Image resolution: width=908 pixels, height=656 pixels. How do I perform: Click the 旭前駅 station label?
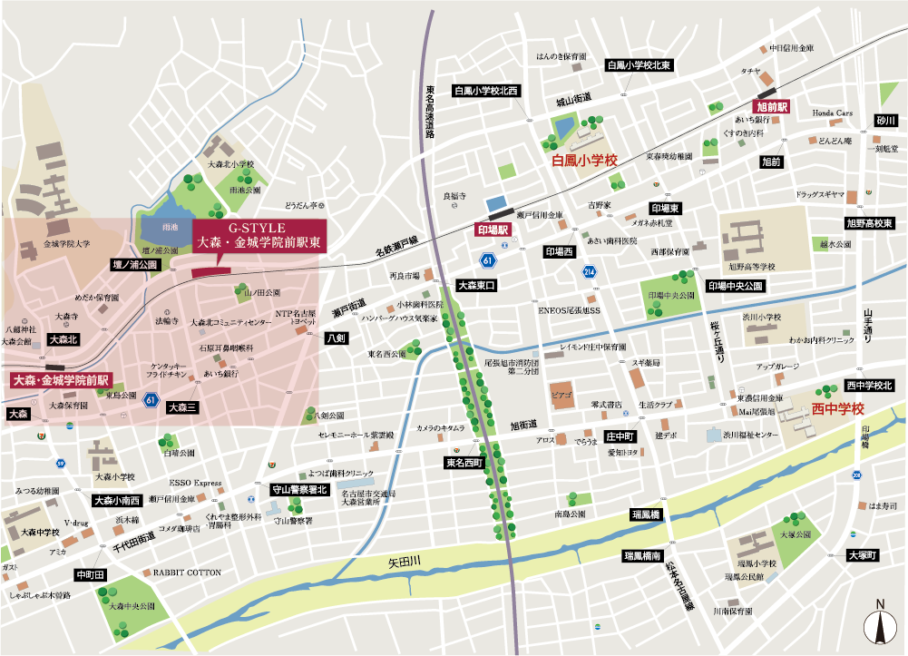[771, 106]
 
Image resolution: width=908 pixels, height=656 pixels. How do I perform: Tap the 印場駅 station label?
[495, 230]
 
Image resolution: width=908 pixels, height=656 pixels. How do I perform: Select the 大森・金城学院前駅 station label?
[60, 380]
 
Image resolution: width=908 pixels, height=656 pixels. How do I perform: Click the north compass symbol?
[879, 625]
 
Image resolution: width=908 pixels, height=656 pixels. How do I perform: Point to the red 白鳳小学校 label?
[584, 161]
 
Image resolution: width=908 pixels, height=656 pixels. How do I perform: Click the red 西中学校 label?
[839, 409]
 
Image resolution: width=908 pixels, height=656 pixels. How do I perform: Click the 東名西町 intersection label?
[465, 463]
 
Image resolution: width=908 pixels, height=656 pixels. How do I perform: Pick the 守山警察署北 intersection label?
[299, 489]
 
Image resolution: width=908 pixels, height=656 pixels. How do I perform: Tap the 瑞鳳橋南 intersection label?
[642, 554]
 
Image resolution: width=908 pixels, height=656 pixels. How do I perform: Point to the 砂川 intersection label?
[884, 120]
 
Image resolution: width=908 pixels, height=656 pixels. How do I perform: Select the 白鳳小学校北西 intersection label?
[486, 91]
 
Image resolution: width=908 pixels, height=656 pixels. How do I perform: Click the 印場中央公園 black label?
[736, 285]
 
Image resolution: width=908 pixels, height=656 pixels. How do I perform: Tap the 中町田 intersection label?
[91, 574]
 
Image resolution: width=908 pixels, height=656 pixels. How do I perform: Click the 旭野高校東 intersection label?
[869, 222]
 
